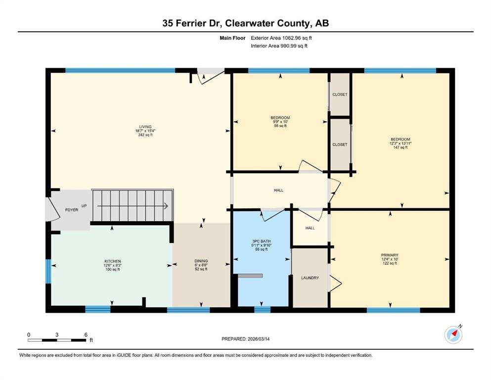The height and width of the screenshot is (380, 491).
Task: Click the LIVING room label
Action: click(145, 127)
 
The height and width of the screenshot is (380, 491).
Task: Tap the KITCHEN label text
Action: click(112, 261)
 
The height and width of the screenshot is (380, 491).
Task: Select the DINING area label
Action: click(201, 261)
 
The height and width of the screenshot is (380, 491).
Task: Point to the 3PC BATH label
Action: click(262, 241)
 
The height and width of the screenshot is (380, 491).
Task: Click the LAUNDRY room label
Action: click(310, 278)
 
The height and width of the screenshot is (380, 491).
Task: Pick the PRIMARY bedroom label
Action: click(390, 255)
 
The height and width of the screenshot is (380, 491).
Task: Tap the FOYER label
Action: click(72, 210)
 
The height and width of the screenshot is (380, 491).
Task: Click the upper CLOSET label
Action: click(340, 95)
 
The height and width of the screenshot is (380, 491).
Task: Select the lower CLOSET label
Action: click(340, 144)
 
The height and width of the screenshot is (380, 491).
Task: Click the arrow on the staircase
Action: click(133, 206)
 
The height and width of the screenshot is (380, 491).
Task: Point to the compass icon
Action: click(453, 334)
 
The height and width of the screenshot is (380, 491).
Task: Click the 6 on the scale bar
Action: click(86, 334)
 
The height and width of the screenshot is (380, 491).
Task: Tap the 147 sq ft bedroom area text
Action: click(401, 147)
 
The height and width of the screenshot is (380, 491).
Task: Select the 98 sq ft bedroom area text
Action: click(280, 126)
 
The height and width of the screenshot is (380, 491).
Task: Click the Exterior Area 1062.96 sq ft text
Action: click(281, 38)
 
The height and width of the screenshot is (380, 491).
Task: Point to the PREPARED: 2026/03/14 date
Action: click(245, 339)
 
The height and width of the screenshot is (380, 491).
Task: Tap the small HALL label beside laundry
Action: click(310, 228)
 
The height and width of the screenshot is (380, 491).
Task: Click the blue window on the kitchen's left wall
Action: click(48, 271)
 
